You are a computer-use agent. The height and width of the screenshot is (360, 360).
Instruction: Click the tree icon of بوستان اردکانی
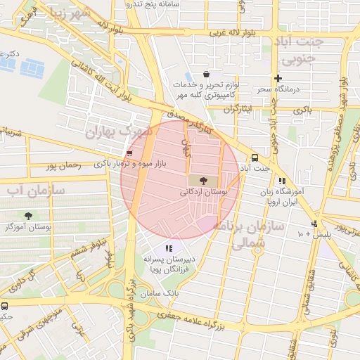point(203,181)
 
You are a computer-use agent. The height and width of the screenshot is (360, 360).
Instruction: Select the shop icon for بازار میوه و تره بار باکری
point(129,153)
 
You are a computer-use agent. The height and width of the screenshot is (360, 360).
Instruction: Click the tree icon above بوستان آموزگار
point(28,216)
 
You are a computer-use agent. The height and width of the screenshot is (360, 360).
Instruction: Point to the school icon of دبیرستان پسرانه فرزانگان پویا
point(169,247)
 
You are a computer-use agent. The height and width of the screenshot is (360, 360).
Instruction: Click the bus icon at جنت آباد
point(255,158)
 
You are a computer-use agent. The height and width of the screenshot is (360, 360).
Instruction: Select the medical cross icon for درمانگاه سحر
point(278,78)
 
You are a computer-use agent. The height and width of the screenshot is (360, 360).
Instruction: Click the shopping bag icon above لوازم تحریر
point(205,74)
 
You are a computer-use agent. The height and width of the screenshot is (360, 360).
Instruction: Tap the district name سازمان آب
point(36,191)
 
